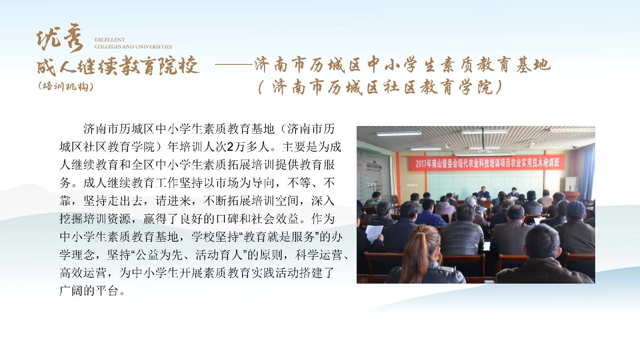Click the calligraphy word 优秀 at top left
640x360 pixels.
[60, 38]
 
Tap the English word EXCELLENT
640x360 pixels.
[110, 40]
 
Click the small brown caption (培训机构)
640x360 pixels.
[66, 86]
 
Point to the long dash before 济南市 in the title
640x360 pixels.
[234, 65]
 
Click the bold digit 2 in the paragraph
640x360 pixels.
[230, 147]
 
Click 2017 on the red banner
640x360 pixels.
[421, 164]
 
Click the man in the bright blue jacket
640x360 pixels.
[428, 213]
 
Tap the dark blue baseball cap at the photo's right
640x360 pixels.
[576, 208]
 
